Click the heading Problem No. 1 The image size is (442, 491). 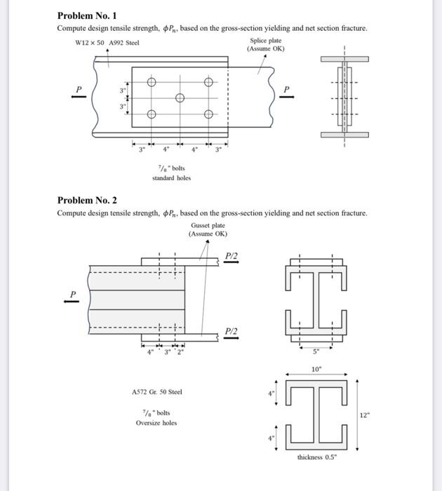pyautogui.click(x=87, y=15)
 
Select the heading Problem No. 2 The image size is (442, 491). pyautogui.click(x=87, y=201)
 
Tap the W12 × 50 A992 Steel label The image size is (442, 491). pyautogui.click(x=107, y=43)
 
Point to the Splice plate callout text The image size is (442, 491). pyautogui.click(x=265, y=41)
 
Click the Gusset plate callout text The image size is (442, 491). pyautogui.click(x=208, y=226)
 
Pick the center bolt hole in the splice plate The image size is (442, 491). pyautogui.click(x=180, y=98)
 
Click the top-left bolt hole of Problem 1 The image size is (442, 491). pyautogui.click(x=151, y=83)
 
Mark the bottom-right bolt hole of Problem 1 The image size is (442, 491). pyautogui.click(x=208, y=114)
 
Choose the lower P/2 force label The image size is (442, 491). pyautogui.click(x=232, y=331)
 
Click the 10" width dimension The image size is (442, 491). pyautogui.click(x=317, y=368)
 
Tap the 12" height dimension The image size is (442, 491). pyautogui.click(x=363, y=415)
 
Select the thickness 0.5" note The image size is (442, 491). pyautogui.click(x=317, y=457)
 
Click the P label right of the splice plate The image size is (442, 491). pyautogui.click(x=286, y=89)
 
